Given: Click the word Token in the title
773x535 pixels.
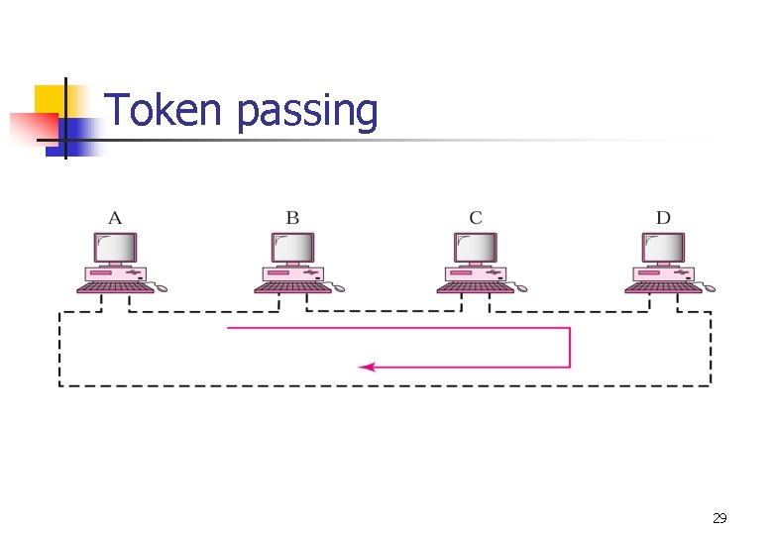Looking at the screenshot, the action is pos(162,110).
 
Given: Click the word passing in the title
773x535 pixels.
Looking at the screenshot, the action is pos(307,113).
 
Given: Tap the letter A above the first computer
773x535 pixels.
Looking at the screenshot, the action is pos(115,218).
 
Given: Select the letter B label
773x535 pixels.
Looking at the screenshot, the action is pos(292,218).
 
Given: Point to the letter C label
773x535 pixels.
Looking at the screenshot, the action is pos(476,218).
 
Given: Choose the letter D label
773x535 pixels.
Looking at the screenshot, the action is pos(662,218).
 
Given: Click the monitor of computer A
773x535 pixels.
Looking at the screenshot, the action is pos(115,248).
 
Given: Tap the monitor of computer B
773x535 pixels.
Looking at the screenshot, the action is pos(292,248).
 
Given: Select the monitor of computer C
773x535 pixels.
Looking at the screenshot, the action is pos(476,248).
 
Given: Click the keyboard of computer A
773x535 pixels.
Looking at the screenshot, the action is pos(114,288).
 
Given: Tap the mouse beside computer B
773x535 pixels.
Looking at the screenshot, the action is pos(339,288).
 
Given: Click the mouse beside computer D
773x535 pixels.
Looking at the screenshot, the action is pos(709,288).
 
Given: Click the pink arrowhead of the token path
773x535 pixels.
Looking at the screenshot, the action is pos(365,367).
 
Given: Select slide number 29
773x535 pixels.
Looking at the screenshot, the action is pos(719,518).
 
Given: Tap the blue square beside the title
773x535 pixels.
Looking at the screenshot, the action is pos(79,134).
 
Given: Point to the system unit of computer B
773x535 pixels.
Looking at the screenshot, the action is pos(292,272).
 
